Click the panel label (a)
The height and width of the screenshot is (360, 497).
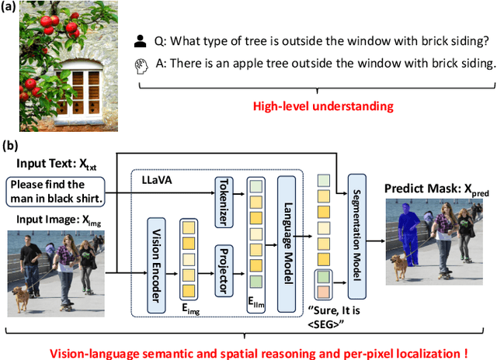13,9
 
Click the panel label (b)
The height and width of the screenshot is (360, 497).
13,144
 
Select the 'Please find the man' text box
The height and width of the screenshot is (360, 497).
56,192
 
